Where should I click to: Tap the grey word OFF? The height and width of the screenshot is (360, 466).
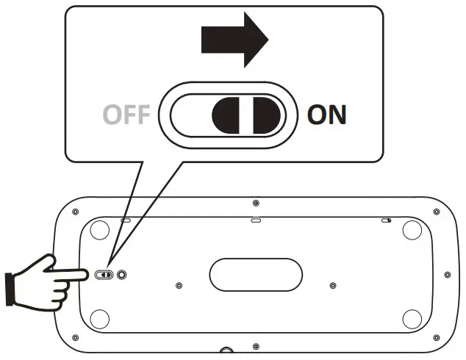pos(126,115)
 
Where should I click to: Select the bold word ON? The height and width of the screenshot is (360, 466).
pos(326,115)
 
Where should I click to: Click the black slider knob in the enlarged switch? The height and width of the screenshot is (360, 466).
pos(246,116)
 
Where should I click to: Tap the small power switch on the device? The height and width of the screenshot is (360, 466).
pos(104,274)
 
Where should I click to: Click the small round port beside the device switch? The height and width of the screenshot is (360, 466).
pos(121,274)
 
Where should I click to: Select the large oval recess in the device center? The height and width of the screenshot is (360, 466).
pos(256,274)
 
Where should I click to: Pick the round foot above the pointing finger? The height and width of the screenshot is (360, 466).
pos(98,232)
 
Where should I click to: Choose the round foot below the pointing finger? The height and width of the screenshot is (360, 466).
pos(98,319)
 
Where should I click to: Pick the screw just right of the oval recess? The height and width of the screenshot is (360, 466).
pos(333,284)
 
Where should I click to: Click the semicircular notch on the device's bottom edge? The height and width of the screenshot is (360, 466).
pos(226,351)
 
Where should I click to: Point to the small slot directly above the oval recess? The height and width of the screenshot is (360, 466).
pos(256,219)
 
